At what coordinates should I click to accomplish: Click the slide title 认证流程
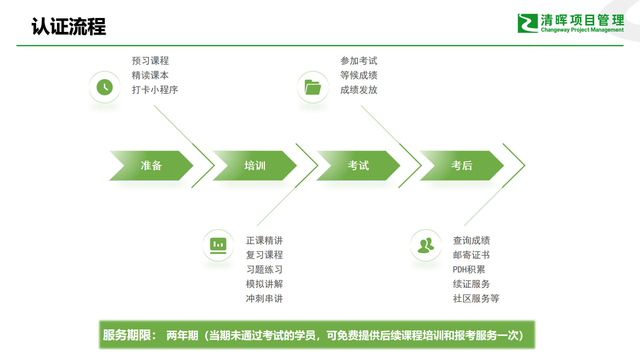click(x=69, y=27)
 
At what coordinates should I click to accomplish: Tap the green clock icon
click(x=105, y=87)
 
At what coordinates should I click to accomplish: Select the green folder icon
click(x=313, y=87)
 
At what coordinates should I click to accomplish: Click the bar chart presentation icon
click(x=218, y=245)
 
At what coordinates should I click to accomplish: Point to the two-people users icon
click(x=426, y=245)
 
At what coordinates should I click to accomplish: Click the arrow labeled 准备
click(x=151, y=166)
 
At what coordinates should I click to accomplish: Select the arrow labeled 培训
click(x=255, y=166)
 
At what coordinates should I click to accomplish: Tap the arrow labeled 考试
click(x=358, y=166)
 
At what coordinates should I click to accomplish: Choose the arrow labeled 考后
click(x=462, y=166)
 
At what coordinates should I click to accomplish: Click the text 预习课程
click(x=150, y=61)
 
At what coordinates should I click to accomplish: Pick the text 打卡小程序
click(x=155, y=90)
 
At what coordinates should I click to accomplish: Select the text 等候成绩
click(x=359, y=75)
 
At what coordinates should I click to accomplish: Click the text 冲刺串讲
click(x=264, y=298)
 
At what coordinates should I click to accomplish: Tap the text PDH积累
click(x=469, y=269)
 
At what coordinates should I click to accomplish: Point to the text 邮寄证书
click(x=471, y=255)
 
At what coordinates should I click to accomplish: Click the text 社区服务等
click(x=476, y=298)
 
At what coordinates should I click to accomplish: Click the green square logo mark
click(x=527, y=23)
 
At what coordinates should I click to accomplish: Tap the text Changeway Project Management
click(x=582, y=30)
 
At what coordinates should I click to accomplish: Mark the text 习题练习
click(x=264, y=269)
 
